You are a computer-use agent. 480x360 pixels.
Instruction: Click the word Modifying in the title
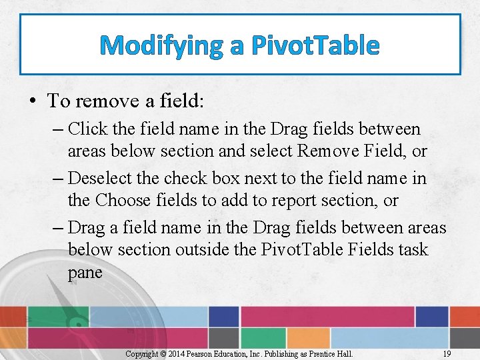161,46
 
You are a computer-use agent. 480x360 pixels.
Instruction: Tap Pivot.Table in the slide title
315,46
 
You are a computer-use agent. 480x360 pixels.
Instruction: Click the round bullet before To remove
33,101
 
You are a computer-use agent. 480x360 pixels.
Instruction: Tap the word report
317,200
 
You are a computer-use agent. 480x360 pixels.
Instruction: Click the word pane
85,272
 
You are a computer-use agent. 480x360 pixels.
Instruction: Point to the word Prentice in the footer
321,353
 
